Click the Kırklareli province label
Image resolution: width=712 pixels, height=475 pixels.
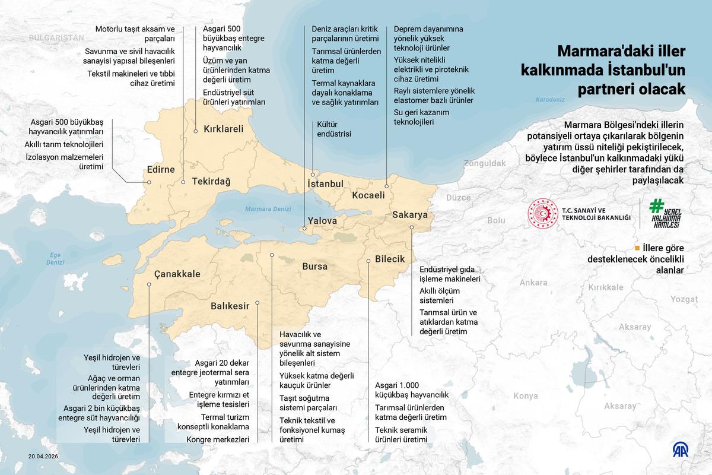pos(224,129)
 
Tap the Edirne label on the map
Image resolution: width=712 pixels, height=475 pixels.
pos(160,170)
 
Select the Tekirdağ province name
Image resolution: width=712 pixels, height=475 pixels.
pos(211,182)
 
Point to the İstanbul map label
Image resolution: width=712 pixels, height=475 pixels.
pos(326,183)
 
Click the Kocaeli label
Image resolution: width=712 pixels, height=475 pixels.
pos(368,195)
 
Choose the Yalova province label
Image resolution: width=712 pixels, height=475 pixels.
pos(322,221)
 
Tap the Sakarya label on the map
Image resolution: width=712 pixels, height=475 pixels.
pos(410,216)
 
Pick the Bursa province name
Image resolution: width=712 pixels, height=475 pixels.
pos(315,267)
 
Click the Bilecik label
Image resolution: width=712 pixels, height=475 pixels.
pos(390,259)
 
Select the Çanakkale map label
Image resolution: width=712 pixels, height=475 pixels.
pos(177,274)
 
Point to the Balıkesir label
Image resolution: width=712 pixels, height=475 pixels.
pos(230,306)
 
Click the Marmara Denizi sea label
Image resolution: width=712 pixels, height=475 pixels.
pos(269,208)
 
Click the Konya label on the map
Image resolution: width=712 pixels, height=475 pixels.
pos(526,396)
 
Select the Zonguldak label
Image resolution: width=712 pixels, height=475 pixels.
pos(485,163)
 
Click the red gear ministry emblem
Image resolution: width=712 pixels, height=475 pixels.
pos(543,214)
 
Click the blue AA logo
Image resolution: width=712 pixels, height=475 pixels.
pos(682,449)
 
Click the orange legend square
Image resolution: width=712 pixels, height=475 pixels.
pos(637,248)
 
